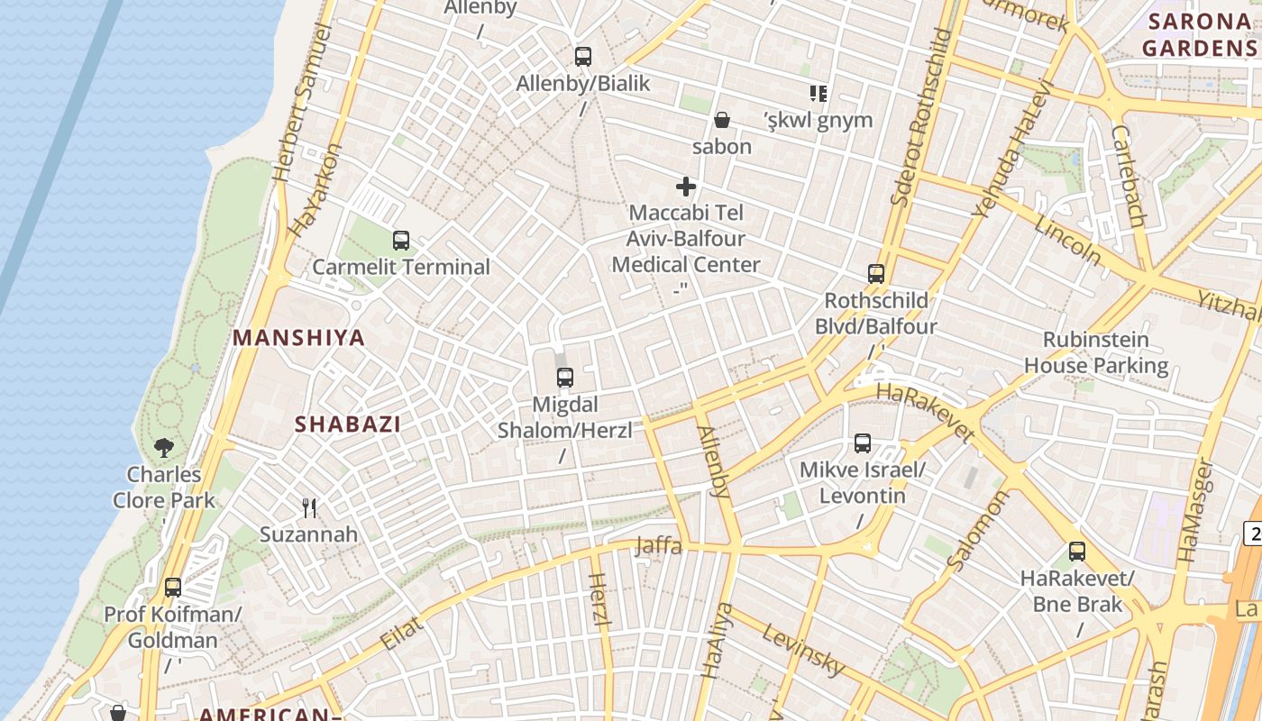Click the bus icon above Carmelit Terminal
[x=401, y=241]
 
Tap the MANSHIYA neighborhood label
[x=299, y=338]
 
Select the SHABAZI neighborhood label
[x=348, y=424]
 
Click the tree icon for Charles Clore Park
[x=163, y=447]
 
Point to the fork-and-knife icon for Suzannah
[x=309, y=508]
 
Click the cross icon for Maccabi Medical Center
[x=686, y=187]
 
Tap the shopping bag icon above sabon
[x=721, y=119]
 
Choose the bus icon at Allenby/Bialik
[x=583, y=57]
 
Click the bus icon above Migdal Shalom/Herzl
[x=565, y=378]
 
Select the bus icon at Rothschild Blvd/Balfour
[x=876, y=274]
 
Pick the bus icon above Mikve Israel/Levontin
[x=863, y=443]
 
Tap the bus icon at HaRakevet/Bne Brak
[x=1077, y=552]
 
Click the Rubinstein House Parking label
[x=1096, y=352]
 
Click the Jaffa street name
[x=659, y=545]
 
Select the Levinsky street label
[x=803, y=650]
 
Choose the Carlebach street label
[x=1128, y=176]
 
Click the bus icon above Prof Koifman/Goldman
[x=173, y=588]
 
